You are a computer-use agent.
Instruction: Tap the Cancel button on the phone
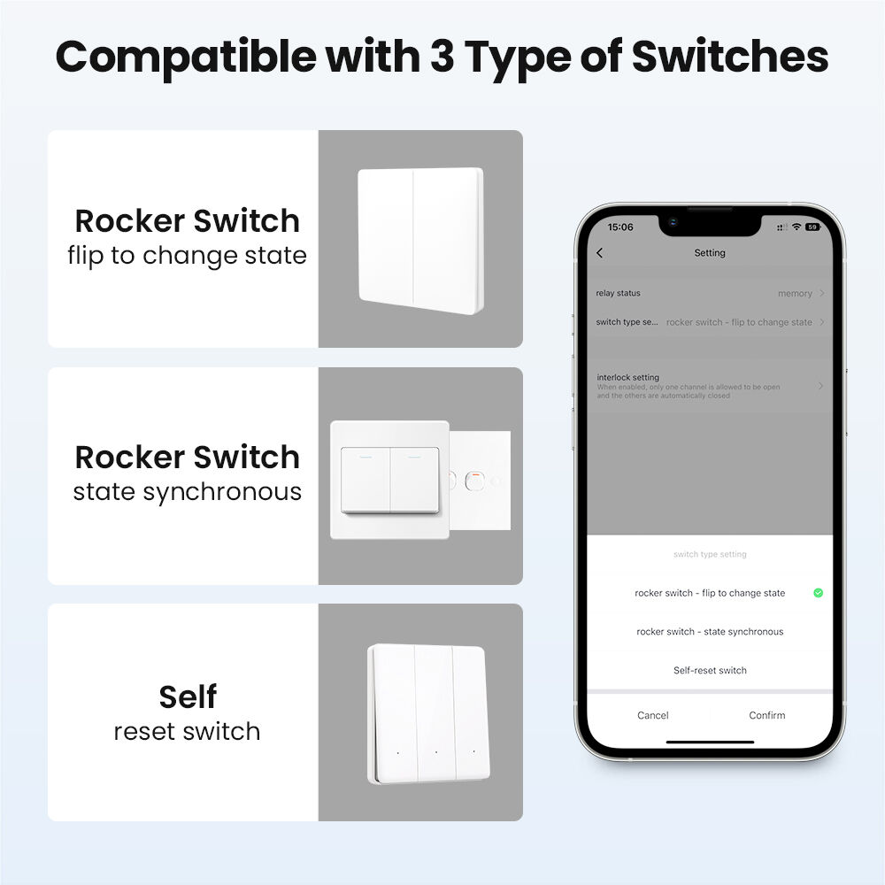click(x=653, y=715)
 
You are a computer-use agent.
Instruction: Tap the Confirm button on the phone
click(x=767, y=715)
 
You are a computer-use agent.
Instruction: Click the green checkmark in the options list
click(x=818, y=593)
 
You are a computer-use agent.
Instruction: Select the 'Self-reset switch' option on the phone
click(x=710, y=670)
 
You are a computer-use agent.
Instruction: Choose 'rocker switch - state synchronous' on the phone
click(x=710, y=632)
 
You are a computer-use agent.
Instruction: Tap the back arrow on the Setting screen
click(x=600, y=253)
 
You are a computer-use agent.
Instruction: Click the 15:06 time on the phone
click(x=621, y=227)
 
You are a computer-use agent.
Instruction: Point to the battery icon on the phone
click(x=812, y=227)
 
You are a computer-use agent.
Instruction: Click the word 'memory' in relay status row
click(x=795, y=294)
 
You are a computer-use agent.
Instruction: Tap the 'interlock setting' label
click(x=628, y=377)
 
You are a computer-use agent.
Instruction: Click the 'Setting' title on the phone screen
click(x=710, y=253)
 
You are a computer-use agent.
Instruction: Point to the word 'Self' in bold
click(x=188, y=697)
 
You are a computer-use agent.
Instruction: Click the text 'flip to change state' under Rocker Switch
click(x=188, y=257)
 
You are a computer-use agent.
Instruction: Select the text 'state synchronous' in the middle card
click(x=188, y=492)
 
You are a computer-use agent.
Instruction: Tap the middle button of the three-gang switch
click(x=435, y=712)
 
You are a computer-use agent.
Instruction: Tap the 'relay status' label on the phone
click(x=618, y=293)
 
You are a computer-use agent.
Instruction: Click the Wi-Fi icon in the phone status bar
click(x=796, y=227)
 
